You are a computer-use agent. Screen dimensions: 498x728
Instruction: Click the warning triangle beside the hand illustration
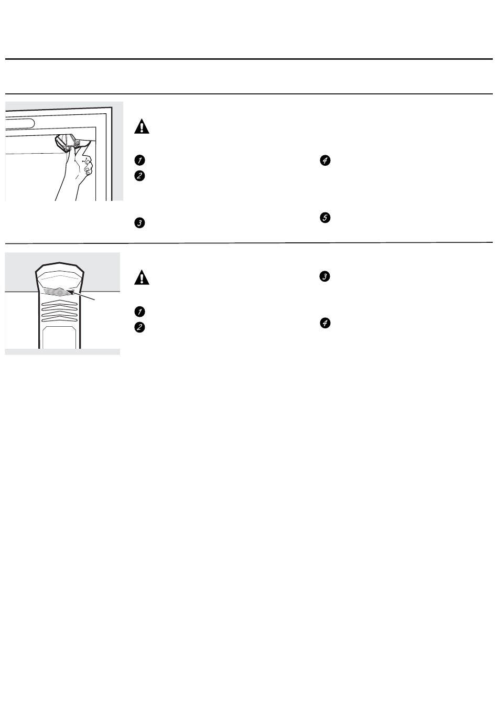coord(142,126)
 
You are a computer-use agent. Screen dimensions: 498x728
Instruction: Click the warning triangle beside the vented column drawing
coord(142,277)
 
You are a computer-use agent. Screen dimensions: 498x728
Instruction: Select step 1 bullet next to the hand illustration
coord(139,160)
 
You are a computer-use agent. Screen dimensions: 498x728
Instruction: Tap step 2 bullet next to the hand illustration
coord(139,176)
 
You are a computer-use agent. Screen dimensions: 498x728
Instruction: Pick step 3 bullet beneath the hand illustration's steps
coord(139,223)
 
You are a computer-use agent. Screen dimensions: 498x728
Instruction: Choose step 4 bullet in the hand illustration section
coord(325,160)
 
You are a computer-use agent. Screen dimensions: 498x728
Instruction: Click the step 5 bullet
coord(325,218)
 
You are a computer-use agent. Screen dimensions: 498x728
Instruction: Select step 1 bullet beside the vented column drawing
coord(139,312)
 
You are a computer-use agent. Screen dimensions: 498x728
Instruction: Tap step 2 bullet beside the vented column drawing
coord(139,327)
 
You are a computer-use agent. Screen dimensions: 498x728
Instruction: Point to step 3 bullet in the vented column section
coord(325,276)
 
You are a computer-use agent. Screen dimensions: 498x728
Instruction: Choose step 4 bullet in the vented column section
coord(325,323)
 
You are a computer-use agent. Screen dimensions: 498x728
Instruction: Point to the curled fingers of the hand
coord(86,165)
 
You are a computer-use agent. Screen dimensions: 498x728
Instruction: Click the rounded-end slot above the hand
coord(20,123)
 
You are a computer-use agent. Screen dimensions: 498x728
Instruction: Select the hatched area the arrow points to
coord(57,291)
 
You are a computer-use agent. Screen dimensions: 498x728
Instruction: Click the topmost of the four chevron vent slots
coord(59,304)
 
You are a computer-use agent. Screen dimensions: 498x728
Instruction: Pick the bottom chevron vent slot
coord(59,319)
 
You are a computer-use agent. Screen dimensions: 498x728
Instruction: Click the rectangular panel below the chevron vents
coord(59,338)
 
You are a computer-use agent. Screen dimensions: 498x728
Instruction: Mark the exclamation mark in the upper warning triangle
coord(142,127)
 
